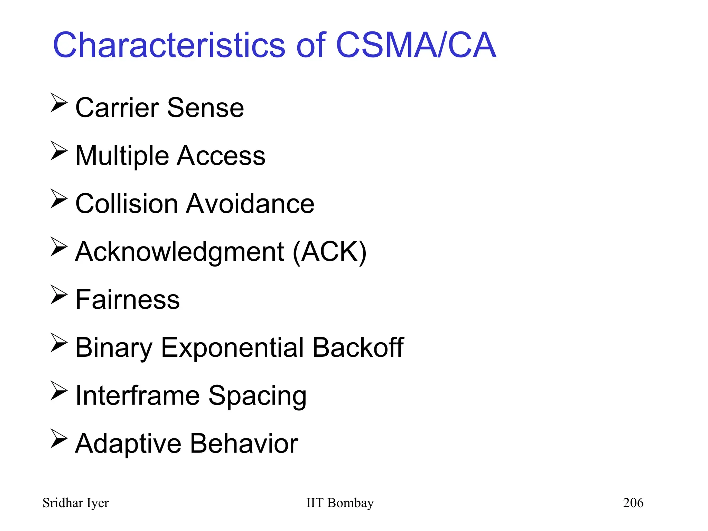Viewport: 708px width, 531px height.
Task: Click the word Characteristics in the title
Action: pyautogui.click(x=169, y=45)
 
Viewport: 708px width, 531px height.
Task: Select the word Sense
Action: pyautogui.click(x=205, y=108)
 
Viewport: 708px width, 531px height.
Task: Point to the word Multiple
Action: pyautogui.click(x=122, y=156)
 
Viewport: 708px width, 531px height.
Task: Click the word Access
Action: pyautogui.click(x=221, y=156)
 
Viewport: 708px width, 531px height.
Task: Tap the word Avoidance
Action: pyautogui.click(x=250, y=204)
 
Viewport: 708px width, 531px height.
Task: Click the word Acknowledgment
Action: pyautogui.click(x=180, y=252)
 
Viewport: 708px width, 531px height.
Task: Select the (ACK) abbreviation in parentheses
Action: pyautogui.click(x=329, y=252)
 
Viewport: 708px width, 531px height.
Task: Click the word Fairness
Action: pyautogui.click(x=128, y=299)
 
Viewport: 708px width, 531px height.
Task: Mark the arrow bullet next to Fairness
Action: pyautogui.click(x=59, y=295)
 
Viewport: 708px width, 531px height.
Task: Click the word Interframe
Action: pyautogui.click(x=138, y=395)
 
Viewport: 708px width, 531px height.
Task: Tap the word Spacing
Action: pyautogui.click(x=257, y=396)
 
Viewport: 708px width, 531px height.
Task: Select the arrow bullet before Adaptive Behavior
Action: pyautogui.click(x=59, y=438)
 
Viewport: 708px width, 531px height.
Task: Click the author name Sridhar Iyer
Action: pyautogui.click(x=76, y=503)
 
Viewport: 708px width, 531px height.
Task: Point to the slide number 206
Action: pyautogui.click(x=633, y=503)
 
